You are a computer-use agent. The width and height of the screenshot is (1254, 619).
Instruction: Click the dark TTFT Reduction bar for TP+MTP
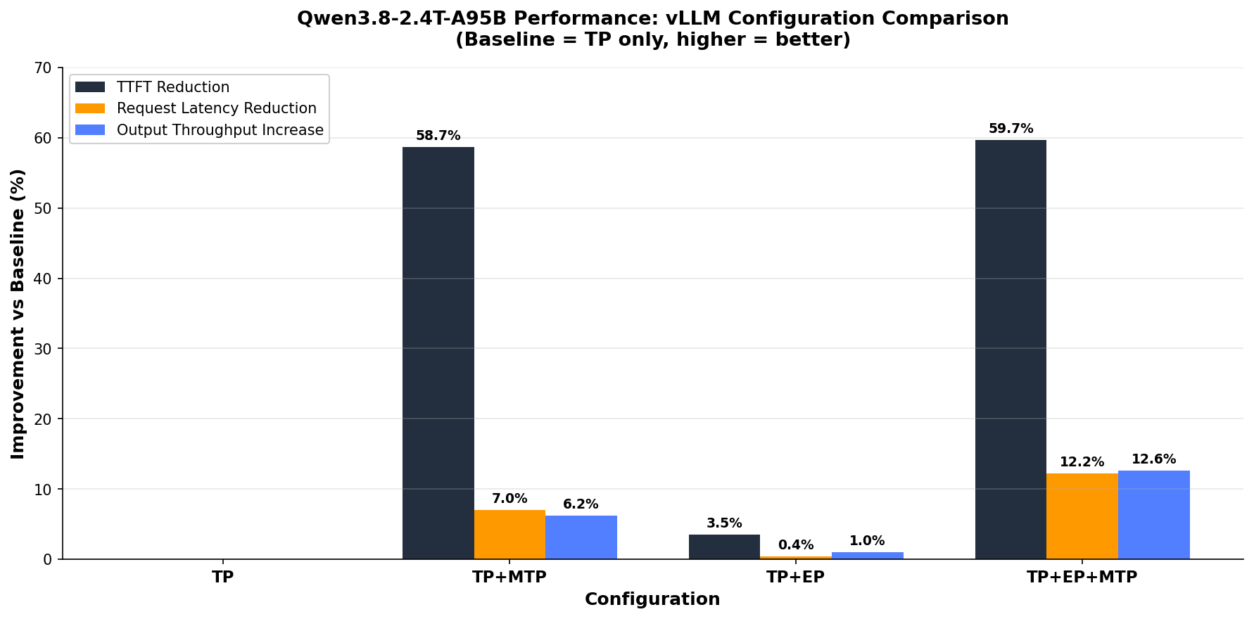[x=438, y=353]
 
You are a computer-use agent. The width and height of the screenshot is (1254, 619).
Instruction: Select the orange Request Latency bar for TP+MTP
[x=509, y=535]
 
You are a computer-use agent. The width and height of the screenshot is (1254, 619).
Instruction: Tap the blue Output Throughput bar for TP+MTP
[x=581, y=537]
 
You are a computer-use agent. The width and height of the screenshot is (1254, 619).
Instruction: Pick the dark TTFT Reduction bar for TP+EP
[x=724, y=547]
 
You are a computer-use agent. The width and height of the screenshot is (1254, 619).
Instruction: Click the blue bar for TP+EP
[x=867, y=556]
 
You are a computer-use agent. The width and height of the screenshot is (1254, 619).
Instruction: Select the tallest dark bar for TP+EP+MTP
[x=1011, y=350]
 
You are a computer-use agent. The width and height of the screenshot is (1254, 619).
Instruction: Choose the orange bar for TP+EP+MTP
[x=1082, y=516]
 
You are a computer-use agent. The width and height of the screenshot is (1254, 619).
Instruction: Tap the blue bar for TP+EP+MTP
[x=1154, y=515]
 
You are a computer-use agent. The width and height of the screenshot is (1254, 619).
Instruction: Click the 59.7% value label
[x=1011, y=129]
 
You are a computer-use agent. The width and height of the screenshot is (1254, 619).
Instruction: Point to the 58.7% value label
[x=438, y=136]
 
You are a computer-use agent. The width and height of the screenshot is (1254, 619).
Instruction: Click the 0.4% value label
[x=796, y=545]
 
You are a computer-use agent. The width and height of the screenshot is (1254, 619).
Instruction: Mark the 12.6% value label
[x=1154, y=459]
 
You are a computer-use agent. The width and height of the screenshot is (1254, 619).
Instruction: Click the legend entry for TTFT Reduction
[x=153, y=87]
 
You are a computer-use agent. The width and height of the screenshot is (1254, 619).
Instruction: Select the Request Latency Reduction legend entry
[x=196, y=108]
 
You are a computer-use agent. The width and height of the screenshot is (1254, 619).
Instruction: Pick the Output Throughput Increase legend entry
[x=200, y=130]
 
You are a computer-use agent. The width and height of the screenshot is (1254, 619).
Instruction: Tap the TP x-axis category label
[x=223, y=577]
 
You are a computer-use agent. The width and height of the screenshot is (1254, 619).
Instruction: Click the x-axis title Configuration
[x=652, y=599]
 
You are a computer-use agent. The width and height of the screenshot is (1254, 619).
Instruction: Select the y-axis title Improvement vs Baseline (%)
[x=18, y=314]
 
